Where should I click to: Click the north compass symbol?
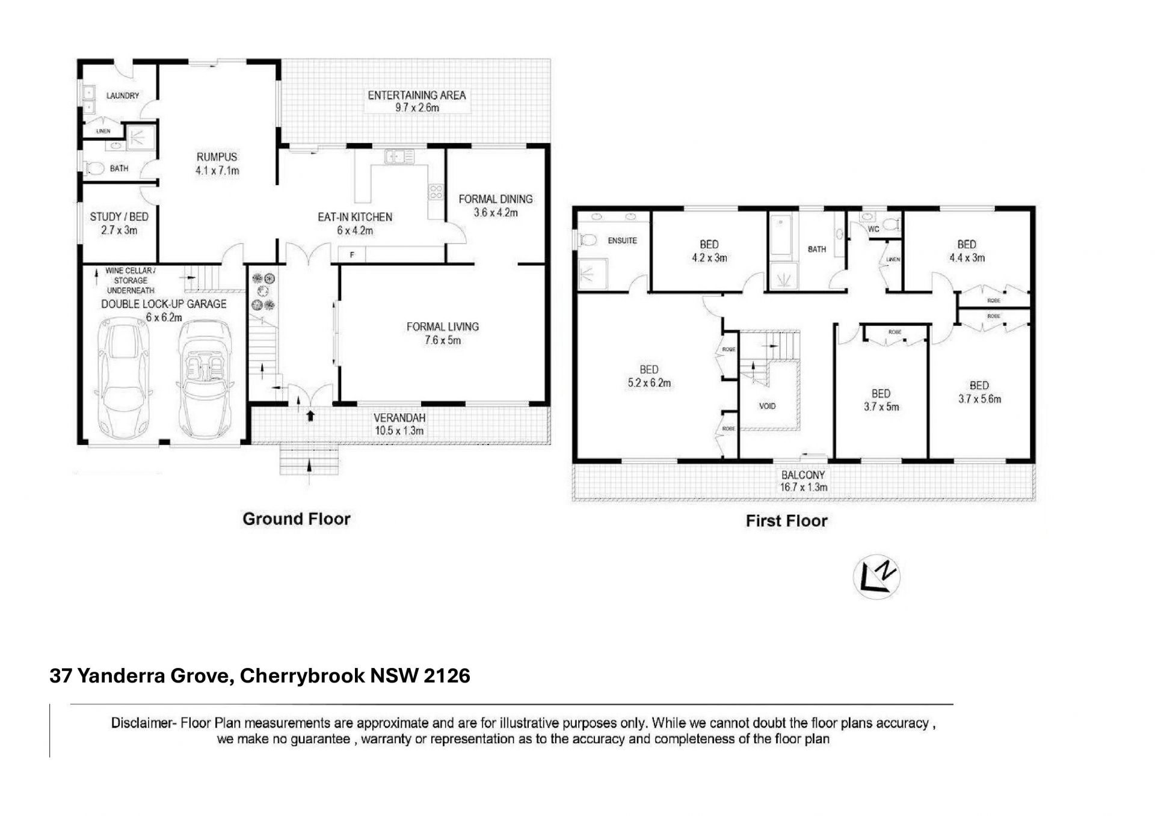tap(876, 577)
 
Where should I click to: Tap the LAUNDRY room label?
tap(123, 96)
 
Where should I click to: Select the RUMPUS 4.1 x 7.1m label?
tap(217, 164)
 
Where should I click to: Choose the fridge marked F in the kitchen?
tap(352, 255)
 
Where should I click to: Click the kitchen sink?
tap(400, 157)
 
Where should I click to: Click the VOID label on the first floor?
tap(768, 406)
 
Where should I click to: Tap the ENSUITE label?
tap(622, 241)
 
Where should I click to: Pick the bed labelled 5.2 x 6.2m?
tap(649, 376)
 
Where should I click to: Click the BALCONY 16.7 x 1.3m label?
tap(804, 481)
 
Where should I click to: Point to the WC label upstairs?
tap(873, 229)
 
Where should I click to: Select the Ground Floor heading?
tap(297, 519)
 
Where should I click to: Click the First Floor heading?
tap(787, 521)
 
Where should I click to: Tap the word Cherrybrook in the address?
tap(302, 676)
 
